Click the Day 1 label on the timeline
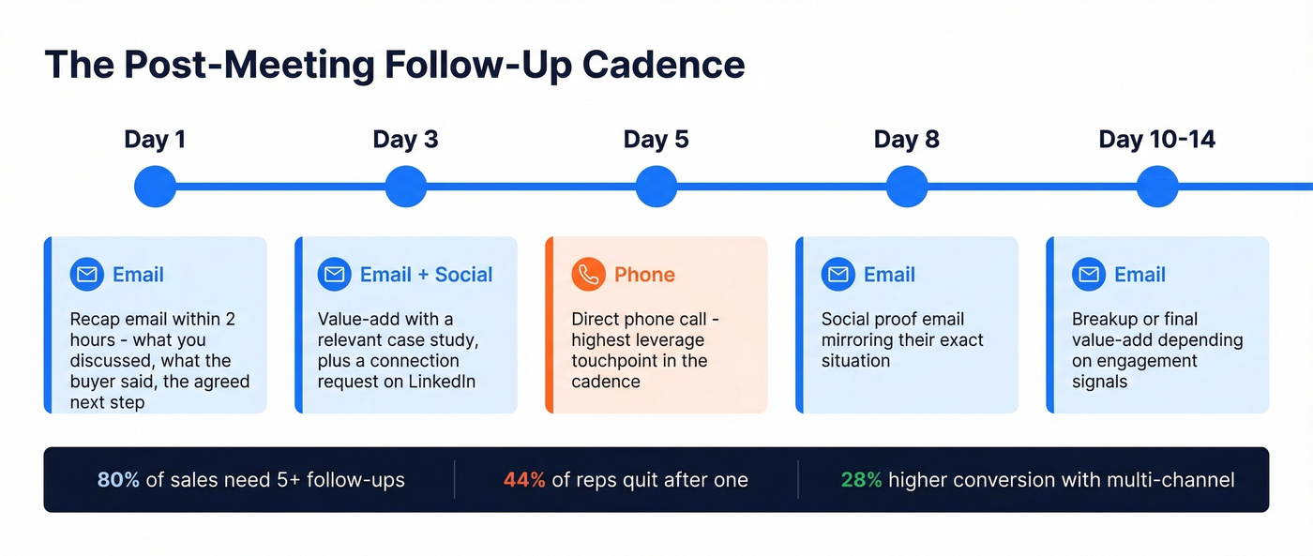pos(155,140)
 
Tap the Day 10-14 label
pos(1156,140)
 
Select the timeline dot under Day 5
pos(656,187)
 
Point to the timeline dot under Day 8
pos(906,187)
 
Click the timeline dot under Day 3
pos(405,187)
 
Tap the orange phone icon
pos(589,275)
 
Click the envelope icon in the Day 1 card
pos(87,275)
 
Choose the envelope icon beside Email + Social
pos(335,275)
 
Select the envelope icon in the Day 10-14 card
pos(1089,275)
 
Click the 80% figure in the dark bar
pos(118,480)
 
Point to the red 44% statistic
pos(524,480)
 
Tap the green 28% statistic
pos(861,480)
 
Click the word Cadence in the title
pos(663,65)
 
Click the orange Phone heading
pos(644,275)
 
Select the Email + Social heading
pos(426,275)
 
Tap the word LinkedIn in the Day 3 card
pos(442,382)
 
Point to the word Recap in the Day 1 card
pos(95,319)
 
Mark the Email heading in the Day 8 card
pos(889,275)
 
